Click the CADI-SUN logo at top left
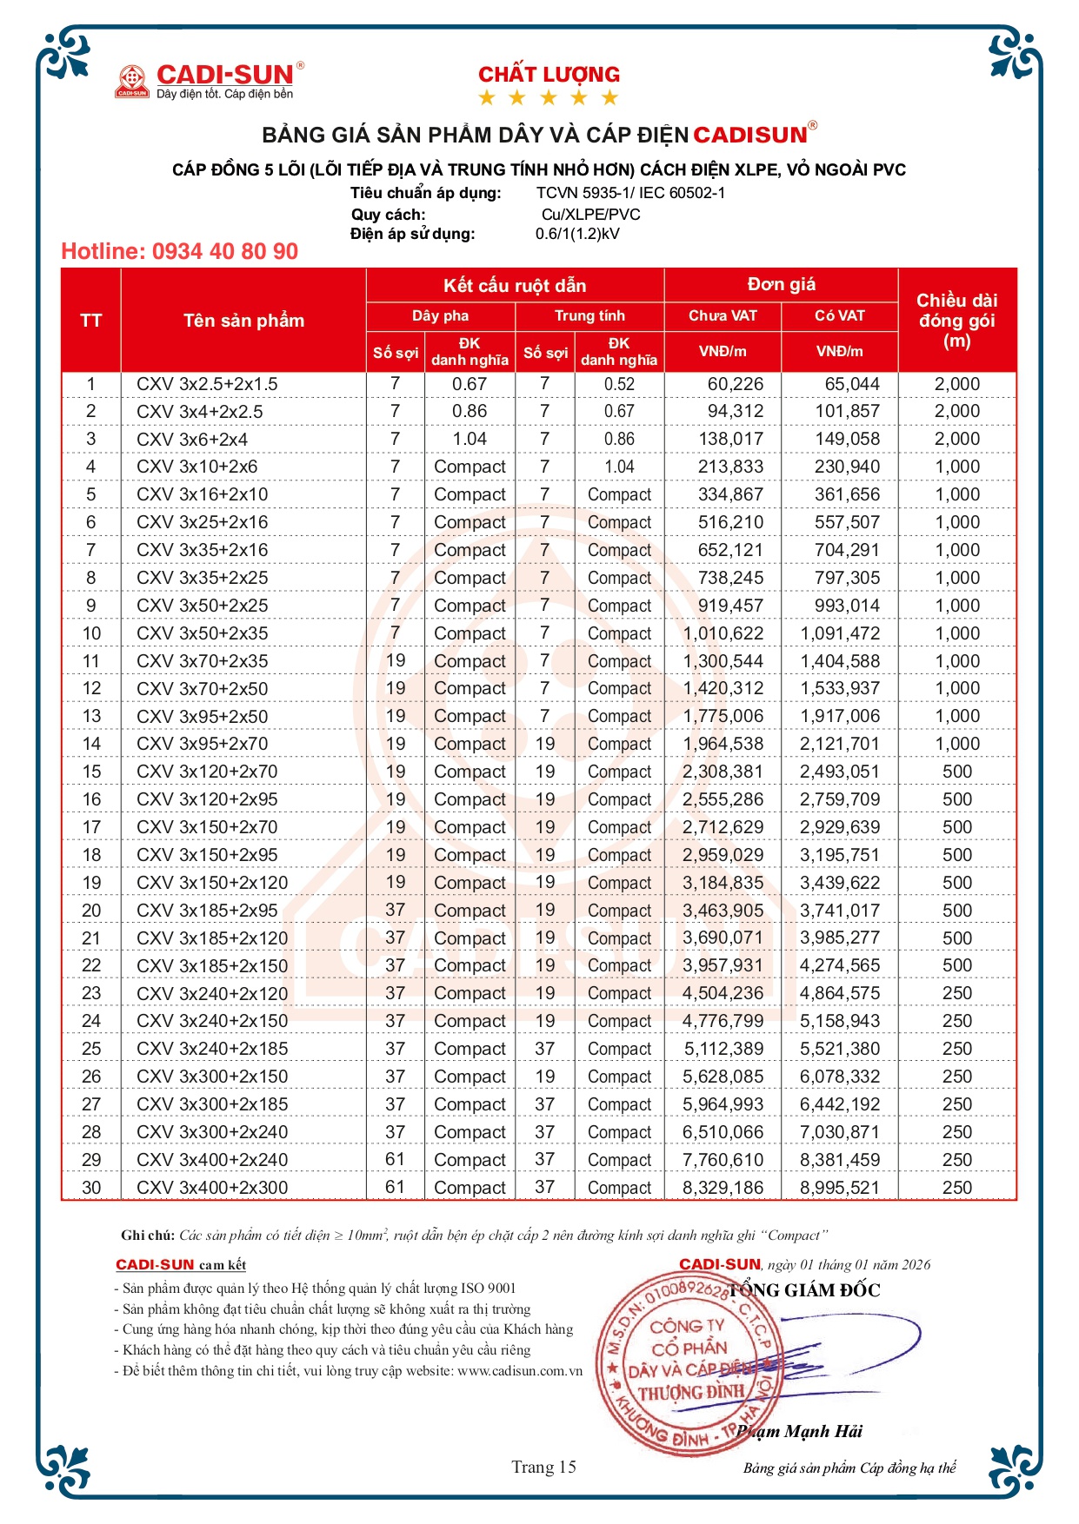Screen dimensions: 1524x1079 coord(209,80)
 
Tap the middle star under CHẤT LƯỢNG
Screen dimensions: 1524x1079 coord(549,98)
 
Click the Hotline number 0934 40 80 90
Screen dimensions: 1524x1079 coord(179,252)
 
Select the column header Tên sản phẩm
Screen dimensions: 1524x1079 coord(243,321)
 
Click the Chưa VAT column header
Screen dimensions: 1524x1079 coord(723,316)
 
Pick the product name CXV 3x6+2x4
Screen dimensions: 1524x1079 coord(192,440)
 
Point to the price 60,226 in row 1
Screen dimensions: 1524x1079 coord(735,384)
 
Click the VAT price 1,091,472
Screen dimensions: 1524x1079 coord(840,633)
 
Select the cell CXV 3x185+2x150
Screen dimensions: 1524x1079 coord(212,965)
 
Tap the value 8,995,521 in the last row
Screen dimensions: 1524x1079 coord(840,1188)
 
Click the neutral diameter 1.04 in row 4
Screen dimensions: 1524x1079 coord(619,467)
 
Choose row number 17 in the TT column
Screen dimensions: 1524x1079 coord(91,827)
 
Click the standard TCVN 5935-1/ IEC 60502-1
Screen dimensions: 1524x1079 coord(630,193)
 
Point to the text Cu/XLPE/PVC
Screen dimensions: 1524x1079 coord(590,215)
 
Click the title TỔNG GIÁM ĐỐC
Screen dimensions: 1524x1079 coord(804,1290)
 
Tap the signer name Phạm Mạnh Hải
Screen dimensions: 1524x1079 coord(800,1431)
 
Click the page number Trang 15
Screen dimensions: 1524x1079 coord(543,1468)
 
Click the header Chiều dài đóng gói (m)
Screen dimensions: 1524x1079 coord(956,321)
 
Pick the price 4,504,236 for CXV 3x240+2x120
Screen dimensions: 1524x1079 coord(723,993)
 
